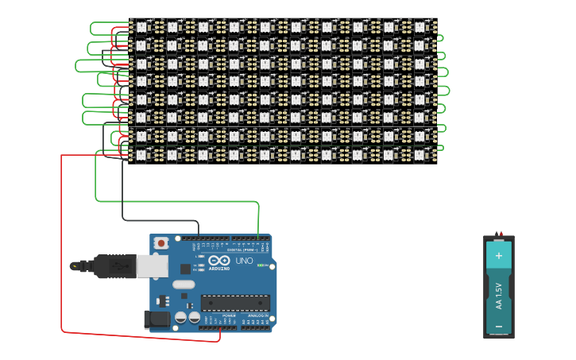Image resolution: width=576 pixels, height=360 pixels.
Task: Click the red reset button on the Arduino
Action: click(161, 242)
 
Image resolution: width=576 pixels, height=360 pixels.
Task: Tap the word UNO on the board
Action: click(244, 261)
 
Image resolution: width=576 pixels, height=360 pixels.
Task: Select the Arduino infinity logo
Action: click(219, 260)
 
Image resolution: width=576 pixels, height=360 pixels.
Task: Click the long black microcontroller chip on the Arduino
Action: click(234, 303)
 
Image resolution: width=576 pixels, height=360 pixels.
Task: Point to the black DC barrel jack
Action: click(157, 319)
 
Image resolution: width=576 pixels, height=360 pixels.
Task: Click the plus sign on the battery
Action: click(499, 256)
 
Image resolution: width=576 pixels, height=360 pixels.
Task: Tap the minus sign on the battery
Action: click(499, 326)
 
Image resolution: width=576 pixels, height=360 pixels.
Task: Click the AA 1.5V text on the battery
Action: click(499, 295)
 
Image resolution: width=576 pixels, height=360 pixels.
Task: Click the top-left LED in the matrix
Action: click(142, 27)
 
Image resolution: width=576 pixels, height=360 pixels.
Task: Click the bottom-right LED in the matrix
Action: click(420, 155)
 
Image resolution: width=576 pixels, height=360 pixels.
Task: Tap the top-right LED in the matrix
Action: click(420, 27)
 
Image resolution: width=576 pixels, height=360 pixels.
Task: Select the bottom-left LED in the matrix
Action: click(142, 155)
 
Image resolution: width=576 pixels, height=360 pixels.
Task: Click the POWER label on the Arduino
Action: click(228, 315)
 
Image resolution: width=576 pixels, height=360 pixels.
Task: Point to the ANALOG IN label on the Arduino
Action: click(256, 315)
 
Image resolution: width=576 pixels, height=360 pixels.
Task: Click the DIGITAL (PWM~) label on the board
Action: click(240, 250)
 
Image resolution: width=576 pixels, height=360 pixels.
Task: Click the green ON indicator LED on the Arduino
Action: click(260, 265)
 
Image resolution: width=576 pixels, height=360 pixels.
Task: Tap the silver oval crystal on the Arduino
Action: click(183, 284)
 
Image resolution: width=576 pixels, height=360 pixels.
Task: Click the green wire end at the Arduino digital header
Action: click(258, 238)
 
